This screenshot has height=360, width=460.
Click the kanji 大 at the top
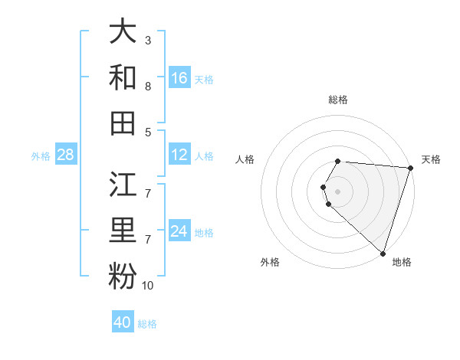tap(123, 33)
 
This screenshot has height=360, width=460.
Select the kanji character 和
tap(123, 77)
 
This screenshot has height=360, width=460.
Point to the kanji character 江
tap(123, 186)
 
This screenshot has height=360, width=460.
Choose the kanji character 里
tap(123, 231)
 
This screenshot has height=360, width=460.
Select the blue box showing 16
tap(179, 77)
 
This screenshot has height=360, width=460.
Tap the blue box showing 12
tap(179, 155)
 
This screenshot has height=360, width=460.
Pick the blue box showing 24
tap(179, 231)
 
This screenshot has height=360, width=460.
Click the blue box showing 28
tap(66, 155)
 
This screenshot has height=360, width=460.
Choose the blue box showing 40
tap(123, 322)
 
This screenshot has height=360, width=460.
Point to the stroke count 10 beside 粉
tap(148, 286)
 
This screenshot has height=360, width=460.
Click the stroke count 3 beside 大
tap(148, 40)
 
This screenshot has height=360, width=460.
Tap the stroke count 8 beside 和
tap(148, 87)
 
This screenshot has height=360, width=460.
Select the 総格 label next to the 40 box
tap(147, 324)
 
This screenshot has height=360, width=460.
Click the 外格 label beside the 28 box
tap(41, 156)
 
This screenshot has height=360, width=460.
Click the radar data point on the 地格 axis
tap(383, 253)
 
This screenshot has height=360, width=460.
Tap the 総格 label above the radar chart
tap(338, 100)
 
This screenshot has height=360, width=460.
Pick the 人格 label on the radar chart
tap(245, 159)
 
